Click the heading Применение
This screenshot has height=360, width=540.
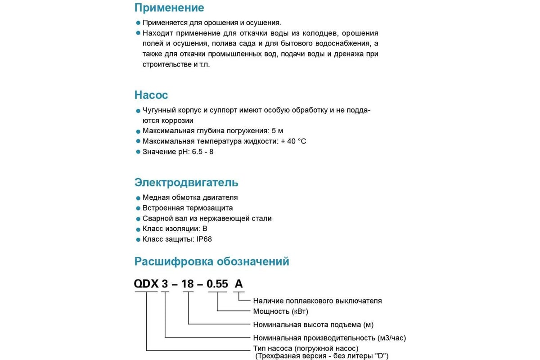169,8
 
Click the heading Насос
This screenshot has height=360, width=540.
151,95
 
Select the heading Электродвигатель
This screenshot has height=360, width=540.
186,183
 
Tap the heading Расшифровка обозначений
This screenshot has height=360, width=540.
211,261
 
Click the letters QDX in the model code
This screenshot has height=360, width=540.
146,284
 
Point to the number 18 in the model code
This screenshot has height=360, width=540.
189,284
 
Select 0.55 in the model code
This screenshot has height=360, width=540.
217,284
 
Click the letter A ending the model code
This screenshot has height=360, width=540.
238,284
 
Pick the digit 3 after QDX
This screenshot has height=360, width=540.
165,284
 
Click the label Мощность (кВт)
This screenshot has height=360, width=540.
280,311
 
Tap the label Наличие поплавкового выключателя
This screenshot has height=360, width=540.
317,301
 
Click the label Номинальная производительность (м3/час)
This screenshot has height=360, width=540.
333,337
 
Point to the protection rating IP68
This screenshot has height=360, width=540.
204,239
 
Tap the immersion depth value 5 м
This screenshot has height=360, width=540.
278,131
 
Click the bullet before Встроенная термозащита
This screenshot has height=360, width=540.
138,208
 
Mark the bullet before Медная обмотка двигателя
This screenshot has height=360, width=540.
138,198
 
